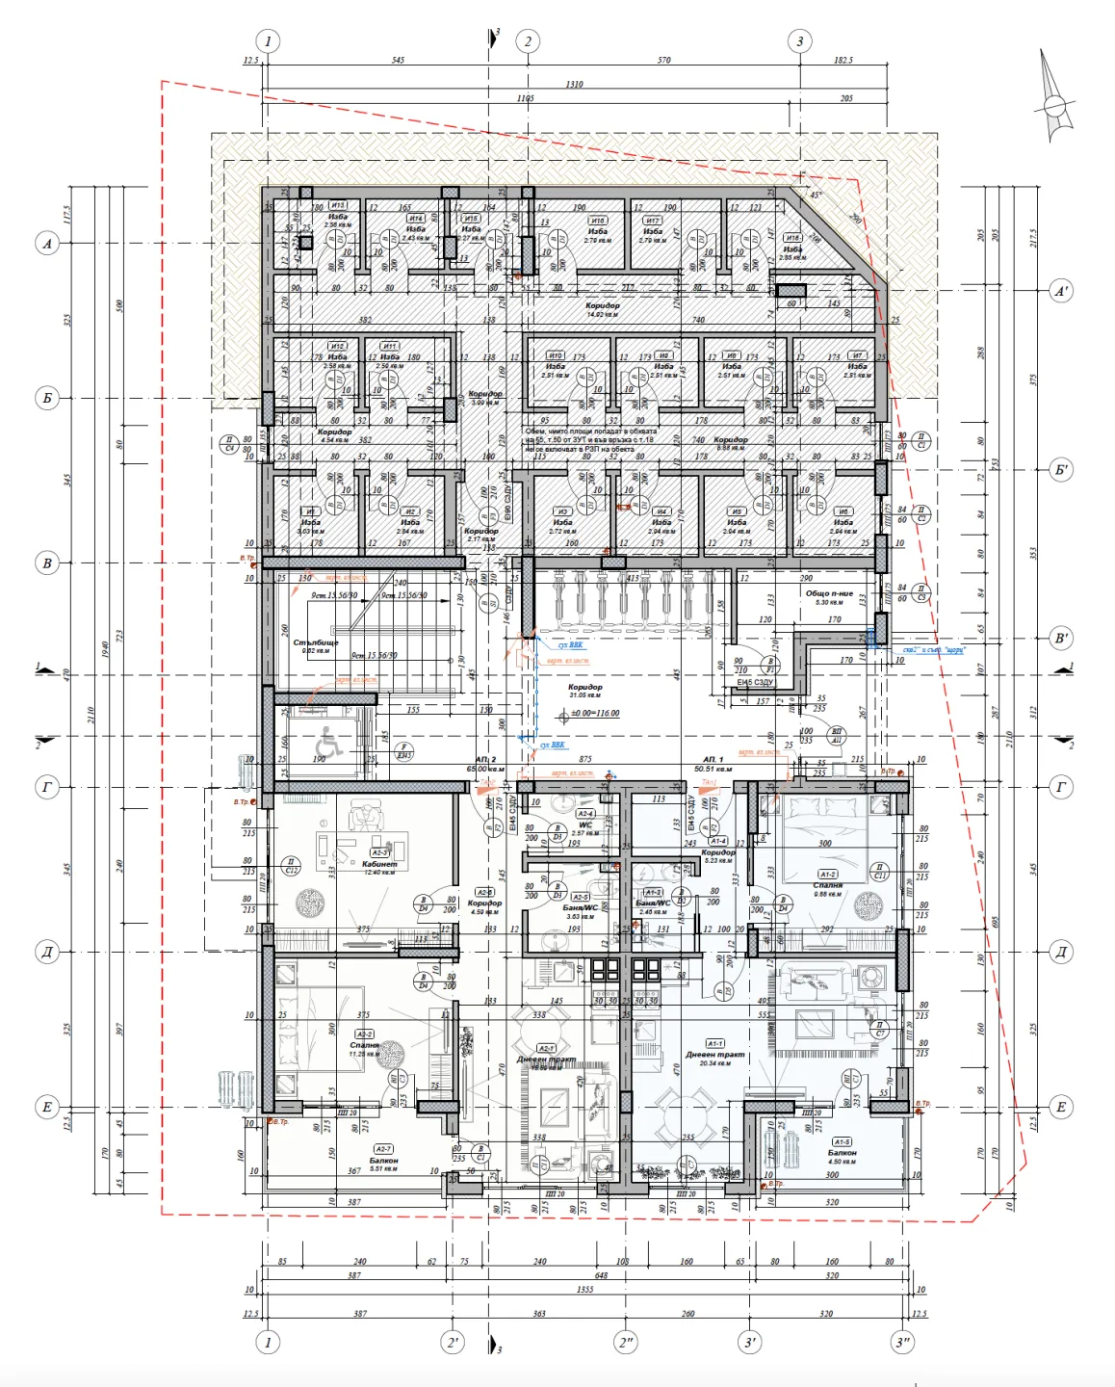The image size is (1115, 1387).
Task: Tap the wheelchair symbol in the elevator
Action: (327, 743)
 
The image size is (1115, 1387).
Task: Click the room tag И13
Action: (338, 205)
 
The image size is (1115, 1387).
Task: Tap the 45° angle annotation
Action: (817, 196)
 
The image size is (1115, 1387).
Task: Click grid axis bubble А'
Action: (1061, 291)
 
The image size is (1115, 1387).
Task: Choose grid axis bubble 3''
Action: (902, 1342)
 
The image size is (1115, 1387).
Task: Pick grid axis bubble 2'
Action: (453, 1342)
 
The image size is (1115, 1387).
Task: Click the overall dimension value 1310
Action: (574, 85)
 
